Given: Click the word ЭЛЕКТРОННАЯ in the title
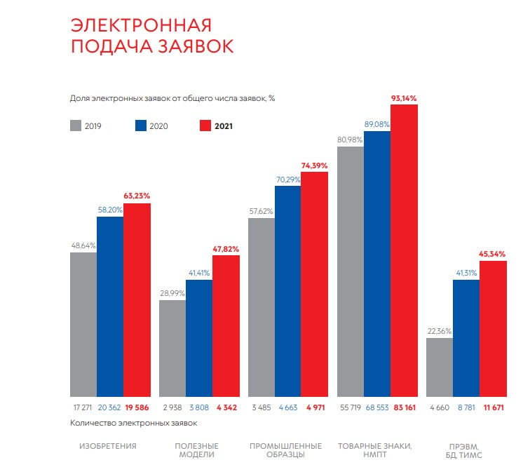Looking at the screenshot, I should tap(140, 26).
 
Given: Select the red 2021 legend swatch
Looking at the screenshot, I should tap(205, 126).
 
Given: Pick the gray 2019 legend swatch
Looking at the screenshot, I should tap(76, 126).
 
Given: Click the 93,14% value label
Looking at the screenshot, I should tap(403, 98).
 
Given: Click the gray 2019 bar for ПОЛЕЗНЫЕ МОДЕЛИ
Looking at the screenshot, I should tap(172, 348).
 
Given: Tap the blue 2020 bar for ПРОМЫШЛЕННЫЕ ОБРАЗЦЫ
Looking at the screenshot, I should tap(287, 291).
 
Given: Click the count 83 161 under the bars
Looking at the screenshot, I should tap(404, 407).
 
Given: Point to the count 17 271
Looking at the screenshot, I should tap(83, 407).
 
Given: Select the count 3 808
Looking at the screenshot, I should tap(198, 407).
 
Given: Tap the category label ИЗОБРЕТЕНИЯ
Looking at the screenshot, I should tap(107, 446).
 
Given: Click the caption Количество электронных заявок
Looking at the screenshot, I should tap(134, 423).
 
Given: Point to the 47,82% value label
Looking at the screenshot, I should tap(226, 249).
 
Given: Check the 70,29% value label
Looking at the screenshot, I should tap(287, 180).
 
